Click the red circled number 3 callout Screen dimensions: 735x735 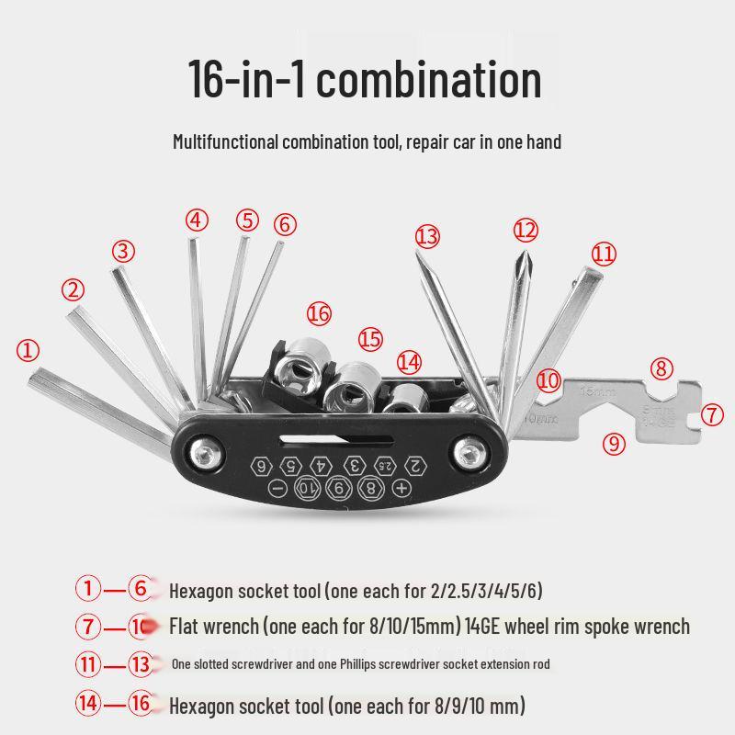124,251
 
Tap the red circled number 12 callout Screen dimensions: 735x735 525,229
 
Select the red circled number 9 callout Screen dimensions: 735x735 615,444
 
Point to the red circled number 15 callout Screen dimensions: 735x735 370,339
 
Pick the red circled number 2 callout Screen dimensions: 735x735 73,289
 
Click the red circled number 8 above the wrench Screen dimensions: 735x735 661,368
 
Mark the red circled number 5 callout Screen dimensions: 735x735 247,220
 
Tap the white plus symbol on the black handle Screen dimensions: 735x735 401,488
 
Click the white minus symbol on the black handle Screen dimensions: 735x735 278,487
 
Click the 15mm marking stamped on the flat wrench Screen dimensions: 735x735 596,390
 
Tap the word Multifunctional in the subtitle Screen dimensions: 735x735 225,142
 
